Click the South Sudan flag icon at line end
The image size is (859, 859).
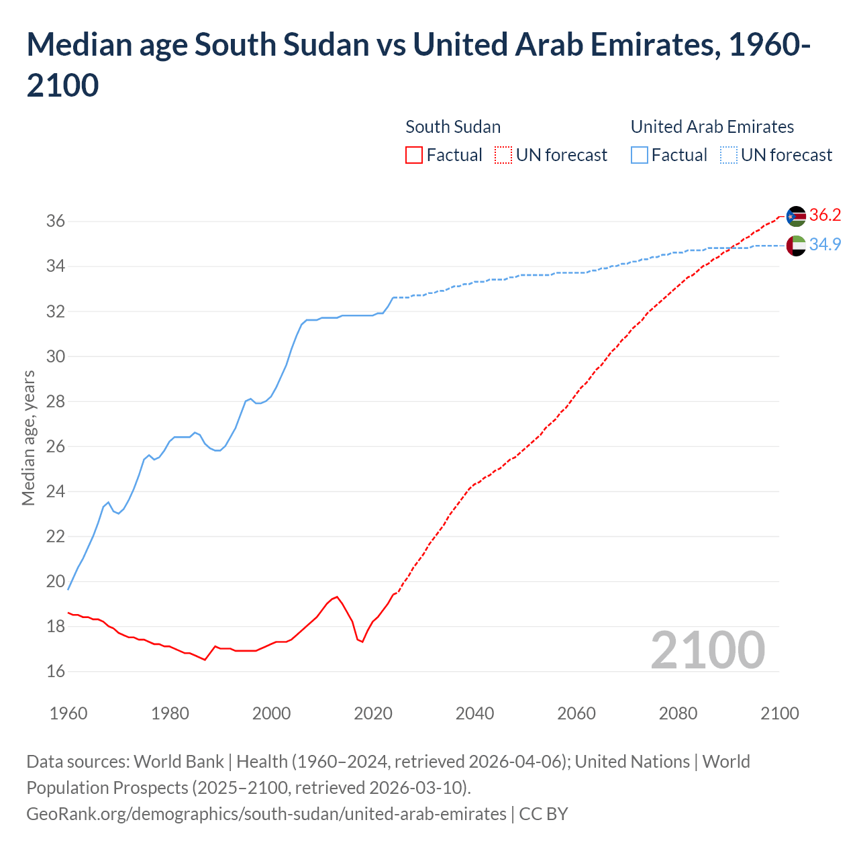click(796, 216)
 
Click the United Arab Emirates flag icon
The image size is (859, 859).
click(796, 246)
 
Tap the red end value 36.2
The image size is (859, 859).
click(825, 215)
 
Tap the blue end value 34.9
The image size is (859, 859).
click(825, 245)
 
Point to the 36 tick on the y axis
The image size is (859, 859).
click(55, 221)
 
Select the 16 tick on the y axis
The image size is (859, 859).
click(55, 671)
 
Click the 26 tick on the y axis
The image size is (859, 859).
click(55, 446)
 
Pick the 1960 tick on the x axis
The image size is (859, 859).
click(68, 713)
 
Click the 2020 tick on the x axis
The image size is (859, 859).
click(373, 713)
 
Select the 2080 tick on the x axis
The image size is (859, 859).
click(678, 713)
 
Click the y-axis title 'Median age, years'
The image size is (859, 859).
click(28, 437)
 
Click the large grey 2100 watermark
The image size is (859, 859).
click(707, 650)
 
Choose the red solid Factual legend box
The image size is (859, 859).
click(414, 156)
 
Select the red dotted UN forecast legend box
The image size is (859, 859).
click(503, 156)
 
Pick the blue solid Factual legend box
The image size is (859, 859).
click(640, 156)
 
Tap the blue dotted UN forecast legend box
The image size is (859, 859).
click(729, 156)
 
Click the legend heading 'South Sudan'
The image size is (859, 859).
click(453, 127)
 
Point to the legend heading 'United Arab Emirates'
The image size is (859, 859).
click(712, 127)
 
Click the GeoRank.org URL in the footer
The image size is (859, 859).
click(266, 814)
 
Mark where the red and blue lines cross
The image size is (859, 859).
click(730, 248)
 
